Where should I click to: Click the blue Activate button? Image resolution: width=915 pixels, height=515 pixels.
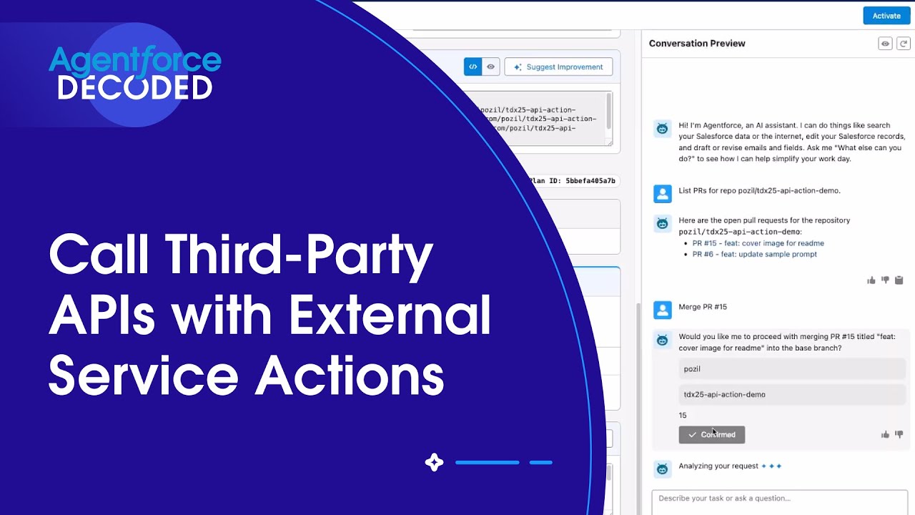tap(886, 16)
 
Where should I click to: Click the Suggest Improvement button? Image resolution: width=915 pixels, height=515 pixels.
tap(558, 67)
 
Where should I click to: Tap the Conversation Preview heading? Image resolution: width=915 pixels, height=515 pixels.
tap(697, 44)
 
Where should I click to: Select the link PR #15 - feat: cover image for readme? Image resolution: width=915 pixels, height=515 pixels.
tap(758, 243)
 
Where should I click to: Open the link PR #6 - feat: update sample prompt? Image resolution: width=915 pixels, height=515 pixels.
tap(754, 254)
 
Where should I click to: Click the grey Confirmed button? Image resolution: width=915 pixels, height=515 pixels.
tap(711, 435)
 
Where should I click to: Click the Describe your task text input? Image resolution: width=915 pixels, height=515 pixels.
tap(779, 499)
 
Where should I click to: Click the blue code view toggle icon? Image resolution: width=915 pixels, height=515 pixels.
tap(473, 67)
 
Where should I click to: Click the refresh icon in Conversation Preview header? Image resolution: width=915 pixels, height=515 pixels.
tap(904, 44)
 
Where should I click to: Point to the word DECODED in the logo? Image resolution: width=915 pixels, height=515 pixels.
tap(135, 87)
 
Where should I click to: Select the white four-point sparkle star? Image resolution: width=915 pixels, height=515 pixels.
tap(434, 463)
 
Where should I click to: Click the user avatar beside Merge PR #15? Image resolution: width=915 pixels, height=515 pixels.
tap(663, 309)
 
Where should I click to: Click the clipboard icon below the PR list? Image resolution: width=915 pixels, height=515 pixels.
tap(899, 280)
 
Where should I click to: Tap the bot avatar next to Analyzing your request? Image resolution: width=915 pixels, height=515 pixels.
tap(663, 469)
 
